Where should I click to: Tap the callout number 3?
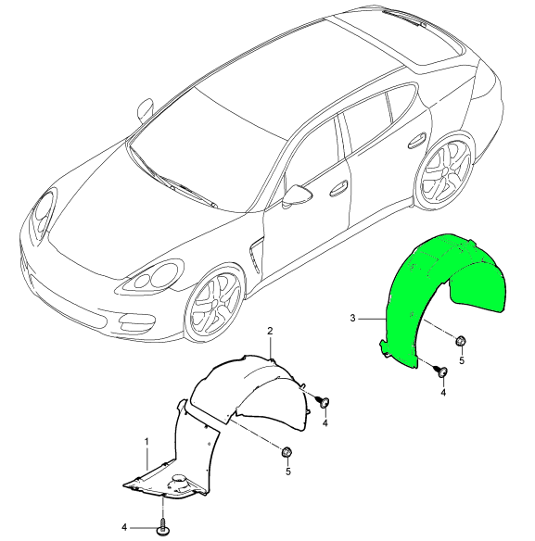(352, 318)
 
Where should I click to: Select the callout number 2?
(270, 332)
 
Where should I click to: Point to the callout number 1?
(146, 442)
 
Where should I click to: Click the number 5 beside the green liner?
(462, 361)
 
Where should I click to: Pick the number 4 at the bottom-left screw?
(124, 527)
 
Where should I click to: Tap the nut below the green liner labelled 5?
(461, 341)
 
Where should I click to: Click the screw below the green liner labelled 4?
(441, 371)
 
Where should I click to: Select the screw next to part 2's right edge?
(323, 402)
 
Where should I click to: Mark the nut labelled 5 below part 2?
(287, 452)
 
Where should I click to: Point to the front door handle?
(339, 188)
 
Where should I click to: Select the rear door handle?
(417, 140)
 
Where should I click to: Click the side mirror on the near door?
(297, 195)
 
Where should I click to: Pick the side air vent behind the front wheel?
(256, 255)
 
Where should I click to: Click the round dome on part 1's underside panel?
(179, 480)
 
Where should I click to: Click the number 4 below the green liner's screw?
(443, 392)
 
